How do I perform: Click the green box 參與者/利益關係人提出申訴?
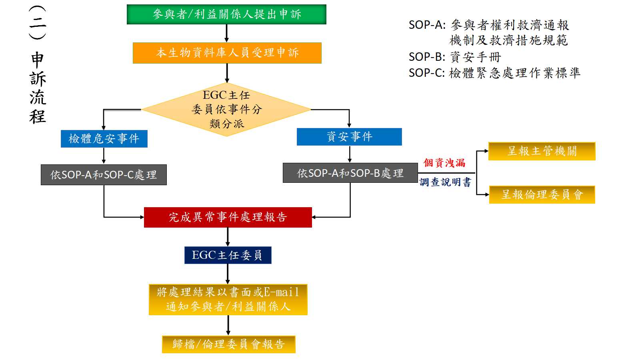point(226,14)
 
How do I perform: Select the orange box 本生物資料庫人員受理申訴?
point(227,53)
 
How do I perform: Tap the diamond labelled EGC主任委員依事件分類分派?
point(226,109)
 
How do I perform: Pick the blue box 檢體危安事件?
point(104,138)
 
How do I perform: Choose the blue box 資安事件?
point(349,137)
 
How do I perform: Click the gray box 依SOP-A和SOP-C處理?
point(104,175)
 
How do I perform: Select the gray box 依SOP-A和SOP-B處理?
point(350,173)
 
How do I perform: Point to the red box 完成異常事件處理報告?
point(228,217)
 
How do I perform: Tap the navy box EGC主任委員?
point(228,255)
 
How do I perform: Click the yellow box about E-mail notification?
point(228,300)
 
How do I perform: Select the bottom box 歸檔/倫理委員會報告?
point(228,344)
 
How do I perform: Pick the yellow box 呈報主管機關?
point(542,151)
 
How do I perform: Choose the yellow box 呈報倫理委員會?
point(542,195)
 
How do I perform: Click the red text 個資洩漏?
point(444,163)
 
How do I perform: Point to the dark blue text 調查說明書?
point(445,182)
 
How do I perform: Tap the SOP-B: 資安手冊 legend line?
point(455,57)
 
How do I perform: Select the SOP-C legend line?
point(494,73)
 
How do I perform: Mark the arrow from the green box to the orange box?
point(227,33)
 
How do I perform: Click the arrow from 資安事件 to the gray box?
point(350,154)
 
